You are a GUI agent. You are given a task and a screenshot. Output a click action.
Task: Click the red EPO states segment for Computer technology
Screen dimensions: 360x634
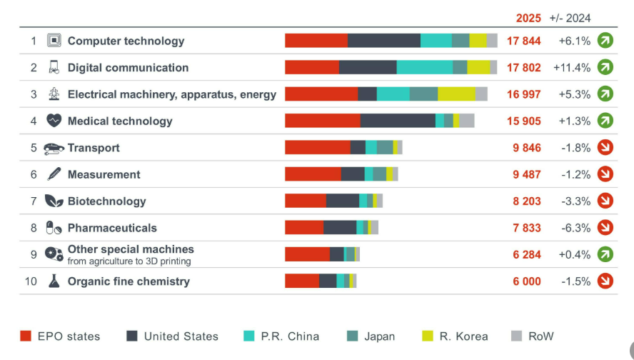316,41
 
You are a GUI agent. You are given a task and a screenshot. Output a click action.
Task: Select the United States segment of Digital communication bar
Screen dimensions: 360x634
368,67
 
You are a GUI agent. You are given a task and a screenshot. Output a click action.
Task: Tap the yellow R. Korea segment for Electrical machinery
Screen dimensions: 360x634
456,94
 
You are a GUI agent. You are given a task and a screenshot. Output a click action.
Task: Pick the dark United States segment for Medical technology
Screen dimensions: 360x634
398,121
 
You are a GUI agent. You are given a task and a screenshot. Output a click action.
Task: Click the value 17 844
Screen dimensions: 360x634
524,41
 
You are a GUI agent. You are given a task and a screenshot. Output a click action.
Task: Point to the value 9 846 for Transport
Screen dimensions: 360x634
526,148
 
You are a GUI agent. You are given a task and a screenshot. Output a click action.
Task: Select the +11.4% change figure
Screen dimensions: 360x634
572,68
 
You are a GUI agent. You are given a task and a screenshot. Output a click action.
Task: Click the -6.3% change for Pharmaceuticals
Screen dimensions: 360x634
575,228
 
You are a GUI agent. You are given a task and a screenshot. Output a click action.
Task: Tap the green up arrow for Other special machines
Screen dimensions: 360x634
605,254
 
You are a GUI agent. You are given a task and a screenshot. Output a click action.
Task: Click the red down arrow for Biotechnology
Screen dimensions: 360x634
605,201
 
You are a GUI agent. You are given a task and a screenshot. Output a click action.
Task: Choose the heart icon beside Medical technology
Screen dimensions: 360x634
54,121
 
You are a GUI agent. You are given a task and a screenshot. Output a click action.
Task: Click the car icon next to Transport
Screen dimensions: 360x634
54,149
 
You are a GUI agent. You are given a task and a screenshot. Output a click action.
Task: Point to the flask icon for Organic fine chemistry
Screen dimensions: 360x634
54,281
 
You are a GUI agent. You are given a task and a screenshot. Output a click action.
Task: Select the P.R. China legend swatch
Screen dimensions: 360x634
249,336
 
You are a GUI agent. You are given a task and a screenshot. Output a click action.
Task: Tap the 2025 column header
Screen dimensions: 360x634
529,18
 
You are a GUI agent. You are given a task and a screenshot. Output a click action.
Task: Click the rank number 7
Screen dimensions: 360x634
34,201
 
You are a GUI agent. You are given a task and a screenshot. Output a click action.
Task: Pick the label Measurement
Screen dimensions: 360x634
104,174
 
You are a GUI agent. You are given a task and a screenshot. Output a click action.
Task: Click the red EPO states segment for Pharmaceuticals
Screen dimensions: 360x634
304,228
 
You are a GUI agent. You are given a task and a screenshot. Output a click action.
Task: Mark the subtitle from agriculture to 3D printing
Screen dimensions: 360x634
129,261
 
